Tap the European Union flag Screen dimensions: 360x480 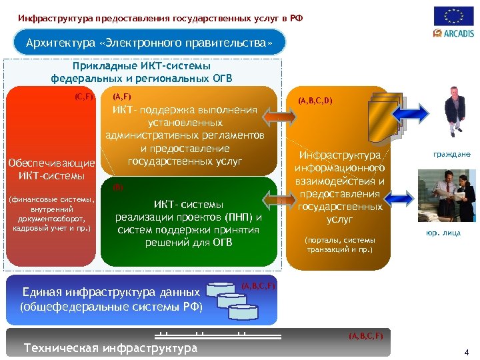pos(454,16)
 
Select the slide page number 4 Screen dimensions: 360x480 pos(466,352)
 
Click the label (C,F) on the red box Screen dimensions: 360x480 pos(84,97)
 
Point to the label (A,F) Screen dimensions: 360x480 pos(122,97)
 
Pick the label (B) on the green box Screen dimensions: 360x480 pos(118,187)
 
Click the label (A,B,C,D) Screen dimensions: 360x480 pos(315,101)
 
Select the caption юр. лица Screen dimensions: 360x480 pos(443,233)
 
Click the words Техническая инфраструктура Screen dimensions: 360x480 pos(111,348)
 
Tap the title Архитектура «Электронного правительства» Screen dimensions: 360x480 pos(149,43)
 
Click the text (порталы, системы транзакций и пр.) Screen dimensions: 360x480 pos(339,245)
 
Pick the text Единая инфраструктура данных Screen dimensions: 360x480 pos(111,292)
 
